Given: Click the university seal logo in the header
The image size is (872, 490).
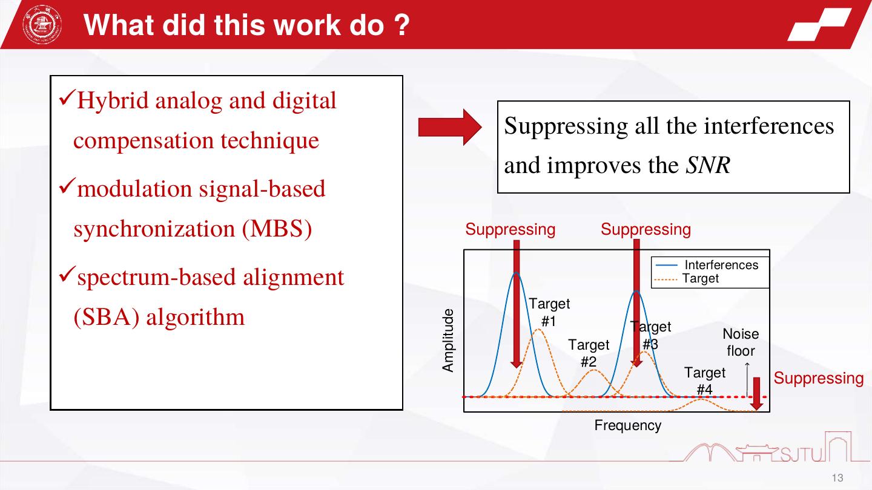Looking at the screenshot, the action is tap(42, 24).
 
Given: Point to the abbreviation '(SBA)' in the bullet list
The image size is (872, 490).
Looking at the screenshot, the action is tap(107, 317).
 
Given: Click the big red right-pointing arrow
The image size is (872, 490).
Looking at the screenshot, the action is tap(450, 127).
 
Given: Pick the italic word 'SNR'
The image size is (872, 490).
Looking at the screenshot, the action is tap(708, 165).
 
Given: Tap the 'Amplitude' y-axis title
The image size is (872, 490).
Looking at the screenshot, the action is tap(448, 341).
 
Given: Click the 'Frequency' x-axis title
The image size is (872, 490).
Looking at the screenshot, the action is tap(627, 425).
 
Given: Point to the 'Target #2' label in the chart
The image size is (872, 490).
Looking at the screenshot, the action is tap(589, 353).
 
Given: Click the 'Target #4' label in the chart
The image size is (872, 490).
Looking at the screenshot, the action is tap(705, 381).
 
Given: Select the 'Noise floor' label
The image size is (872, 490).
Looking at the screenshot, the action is tap(741, 342).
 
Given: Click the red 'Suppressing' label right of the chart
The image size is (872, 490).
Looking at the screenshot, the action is tap(818, 378).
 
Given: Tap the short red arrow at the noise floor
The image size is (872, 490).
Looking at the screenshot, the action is tap(756, 394).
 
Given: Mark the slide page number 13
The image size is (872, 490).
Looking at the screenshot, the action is tap(837, 477).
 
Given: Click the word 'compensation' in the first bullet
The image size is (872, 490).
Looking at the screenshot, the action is tap(144, 141).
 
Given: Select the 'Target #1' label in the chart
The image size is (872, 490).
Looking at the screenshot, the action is tap(549, 312).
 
